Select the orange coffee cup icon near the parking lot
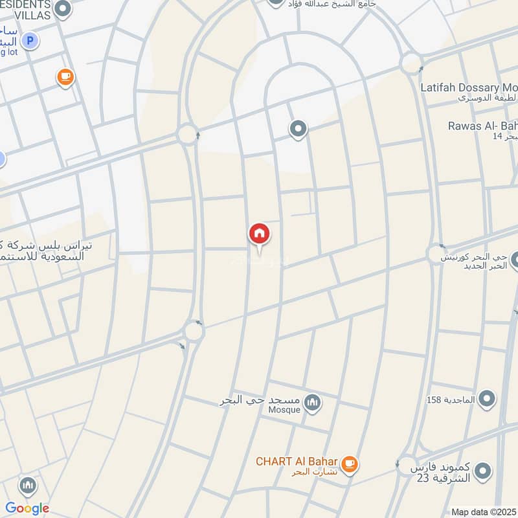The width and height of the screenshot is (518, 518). click(x=65, y=78)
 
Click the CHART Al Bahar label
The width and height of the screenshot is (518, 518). click(x=297, y=462)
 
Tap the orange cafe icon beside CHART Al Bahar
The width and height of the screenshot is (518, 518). click(x=350, y=464)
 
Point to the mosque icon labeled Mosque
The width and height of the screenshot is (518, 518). click(x=313, y=403)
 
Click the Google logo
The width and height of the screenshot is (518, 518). click(x=27, y=508)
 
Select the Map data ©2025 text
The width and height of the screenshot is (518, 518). click(x=484, y=512)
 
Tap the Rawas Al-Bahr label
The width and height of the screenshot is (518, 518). click(x=482, y=125)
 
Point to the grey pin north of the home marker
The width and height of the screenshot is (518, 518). click(x=298, y=129)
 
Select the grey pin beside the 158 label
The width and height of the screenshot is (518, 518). click(x=488, y=400)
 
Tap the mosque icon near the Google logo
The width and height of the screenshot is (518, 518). click(x=27, y=485)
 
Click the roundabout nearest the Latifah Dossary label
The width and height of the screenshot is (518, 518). click(x=411, y=63)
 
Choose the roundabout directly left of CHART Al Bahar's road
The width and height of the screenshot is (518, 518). click(x=194, y=331)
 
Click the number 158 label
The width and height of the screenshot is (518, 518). click(x=434, y=400)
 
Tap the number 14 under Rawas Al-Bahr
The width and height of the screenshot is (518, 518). click(x=497, y=137)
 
